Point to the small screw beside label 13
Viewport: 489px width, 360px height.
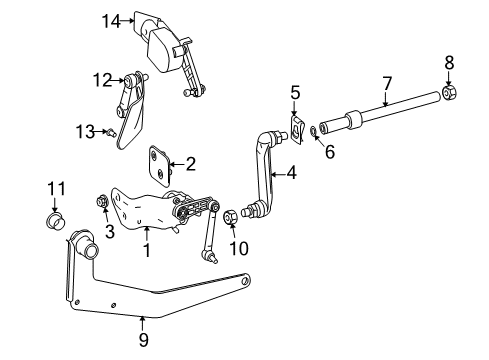coord(113,132)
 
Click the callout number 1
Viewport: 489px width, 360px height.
coord(146,249)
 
